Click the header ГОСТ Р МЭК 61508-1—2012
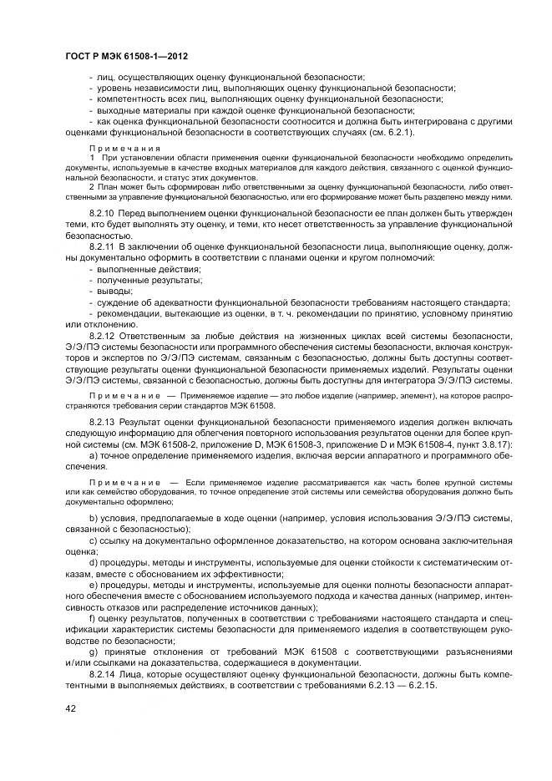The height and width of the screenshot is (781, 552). coord(125,56)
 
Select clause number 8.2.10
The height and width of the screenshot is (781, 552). coord(103,214)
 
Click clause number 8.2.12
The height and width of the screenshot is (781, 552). coord(103,334)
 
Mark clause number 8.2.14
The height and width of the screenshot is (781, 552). coord(103,672)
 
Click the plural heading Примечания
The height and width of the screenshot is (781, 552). coord(119,147)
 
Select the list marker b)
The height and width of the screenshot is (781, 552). coord(92,519)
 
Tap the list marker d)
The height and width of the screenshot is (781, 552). coord(92,562)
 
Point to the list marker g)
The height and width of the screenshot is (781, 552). coord(92,651)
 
